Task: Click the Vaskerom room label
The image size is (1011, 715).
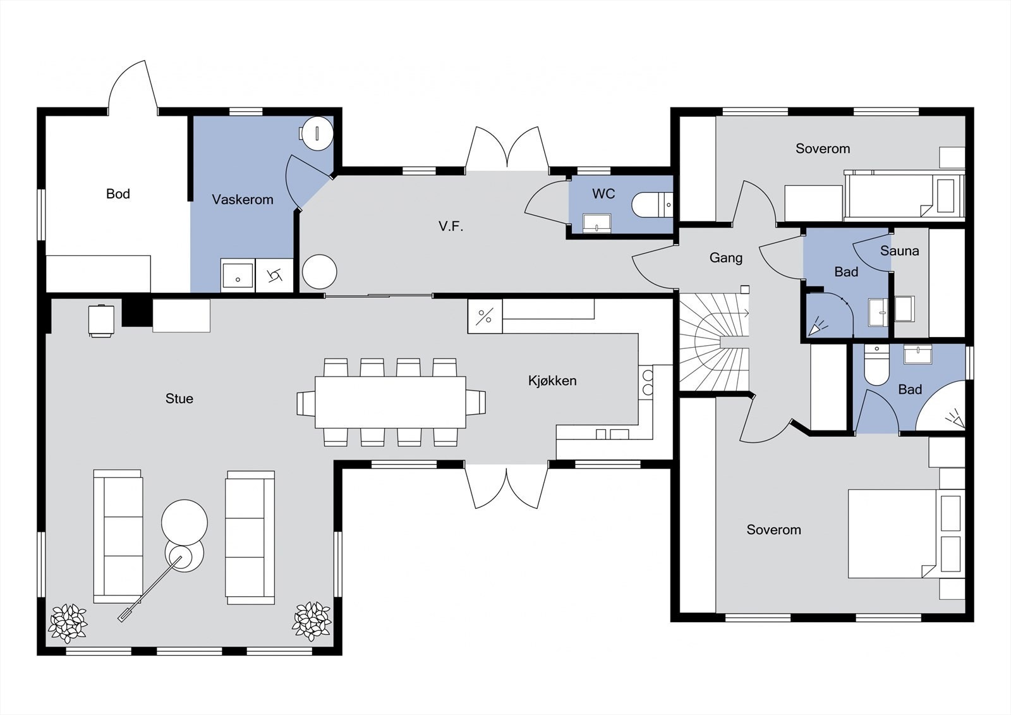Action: coord(243,200)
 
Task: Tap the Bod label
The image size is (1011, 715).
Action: coord(118,194)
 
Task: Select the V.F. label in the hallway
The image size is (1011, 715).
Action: coord(451,226)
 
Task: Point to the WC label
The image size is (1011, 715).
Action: coord(603,194)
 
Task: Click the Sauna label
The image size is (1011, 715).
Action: coord(900,251)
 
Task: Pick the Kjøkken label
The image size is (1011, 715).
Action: coord(552,381)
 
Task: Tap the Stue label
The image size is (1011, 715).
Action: coord(179,398)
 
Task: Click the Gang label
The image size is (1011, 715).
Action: coord(726,258)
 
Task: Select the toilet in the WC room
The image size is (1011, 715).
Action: coord(652,205)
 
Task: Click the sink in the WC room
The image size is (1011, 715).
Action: coord(596,223)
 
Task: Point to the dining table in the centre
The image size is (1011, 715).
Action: coord(390,402)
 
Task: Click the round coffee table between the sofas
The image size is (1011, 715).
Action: coord(184,522)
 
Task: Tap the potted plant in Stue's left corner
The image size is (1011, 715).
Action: coord(68,623)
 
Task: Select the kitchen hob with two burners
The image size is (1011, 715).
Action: coord(647,382)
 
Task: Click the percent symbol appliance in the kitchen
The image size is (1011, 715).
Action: coord(485,317)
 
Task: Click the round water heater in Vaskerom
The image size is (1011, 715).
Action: coord(317,133)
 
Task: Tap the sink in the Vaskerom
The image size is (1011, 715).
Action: coord(238,276)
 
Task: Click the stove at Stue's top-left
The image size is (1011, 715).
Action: coord(101,321)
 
